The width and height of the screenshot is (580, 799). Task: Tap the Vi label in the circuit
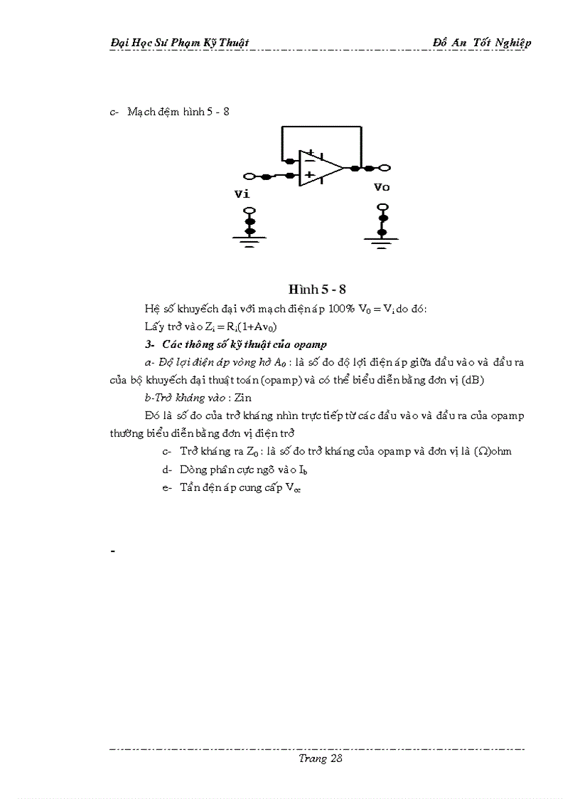(x=242, y=194)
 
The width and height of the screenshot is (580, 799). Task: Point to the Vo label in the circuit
(x=382, y=187)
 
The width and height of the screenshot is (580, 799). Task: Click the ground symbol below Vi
(x=249, y=240)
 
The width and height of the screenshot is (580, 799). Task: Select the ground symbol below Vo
(x=382, y=242)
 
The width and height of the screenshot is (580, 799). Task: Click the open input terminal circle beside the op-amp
(x=249, y=176)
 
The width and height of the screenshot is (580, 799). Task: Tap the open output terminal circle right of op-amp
(x=385, y=169)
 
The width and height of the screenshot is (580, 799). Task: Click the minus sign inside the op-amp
(x=310, y=161)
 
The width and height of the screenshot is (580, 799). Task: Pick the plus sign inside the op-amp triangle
(x=310, y=175)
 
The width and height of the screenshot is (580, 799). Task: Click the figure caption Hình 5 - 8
(x=317, y=289)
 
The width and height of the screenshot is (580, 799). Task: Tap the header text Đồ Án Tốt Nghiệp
(x=482, y=43)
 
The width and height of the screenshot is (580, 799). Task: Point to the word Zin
(x=241, y=398)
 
